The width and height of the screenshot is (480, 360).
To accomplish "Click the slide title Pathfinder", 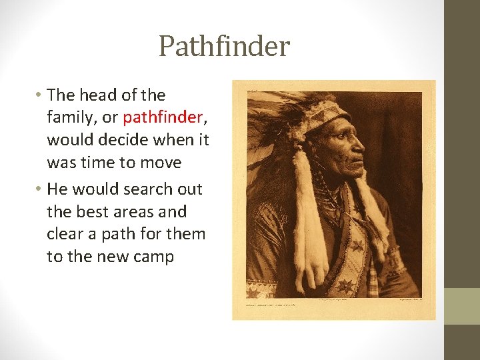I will click(x=224, y=47).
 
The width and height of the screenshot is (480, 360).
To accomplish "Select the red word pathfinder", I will click(x=161, y=118).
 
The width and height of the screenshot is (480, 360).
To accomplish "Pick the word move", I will click(x=163, y=163).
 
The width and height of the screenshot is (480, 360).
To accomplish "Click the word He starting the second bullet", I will click(x=58, y=189).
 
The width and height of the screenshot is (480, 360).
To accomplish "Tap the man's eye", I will click(x=349, y=133).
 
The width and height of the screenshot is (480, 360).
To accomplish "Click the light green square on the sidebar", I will click(x=461, y=306).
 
